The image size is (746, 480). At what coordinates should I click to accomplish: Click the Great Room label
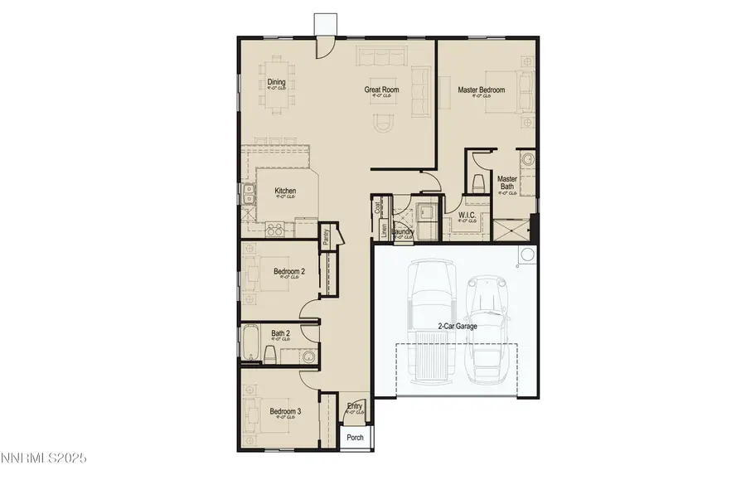[381, 90]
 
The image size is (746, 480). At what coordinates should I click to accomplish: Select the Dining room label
[276, 82]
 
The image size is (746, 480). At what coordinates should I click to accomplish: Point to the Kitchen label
[285, 192]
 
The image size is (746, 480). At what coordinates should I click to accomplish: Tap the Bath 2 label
[281, 335]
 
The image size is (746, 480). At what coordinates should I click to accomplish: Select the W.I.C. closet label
[467, 216]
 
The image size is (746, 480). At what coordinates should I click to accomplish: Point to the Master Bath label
[506, 183]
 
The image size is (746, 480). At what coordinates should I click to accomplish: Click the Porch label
[355, 437]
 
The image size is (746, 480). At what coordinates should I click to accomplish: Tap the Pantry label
[326, 236]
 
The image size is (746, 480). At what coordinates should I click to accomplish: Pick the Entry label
[355, 406]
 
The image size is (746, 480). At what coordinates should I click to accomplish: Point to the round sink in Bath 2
[308, 357]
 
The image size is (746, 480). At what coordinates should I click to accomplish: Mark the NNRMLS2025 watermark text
[43, 458]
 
